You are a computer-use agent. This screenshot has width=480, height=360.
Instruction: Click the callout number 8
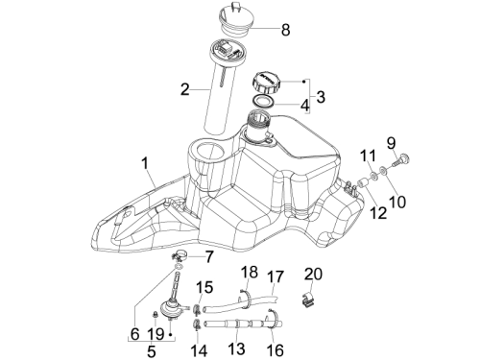click(285, 30)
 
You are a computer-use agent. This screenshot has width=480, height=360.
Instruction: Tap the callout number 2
click(185, 89)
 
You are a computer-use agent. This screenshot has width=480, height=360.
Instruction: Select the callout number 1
click(145, 163)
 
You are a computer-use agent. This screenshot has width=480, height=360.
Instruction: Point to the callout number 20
click(313, 275)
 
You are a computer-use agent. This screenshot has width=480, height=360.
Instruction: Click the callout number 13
click(237, 348)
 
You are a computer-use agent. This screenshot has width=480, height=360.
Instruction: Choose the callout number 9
click(391, 143)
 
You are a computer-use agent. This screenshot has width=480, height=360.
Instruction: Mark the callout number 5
click(151, 351)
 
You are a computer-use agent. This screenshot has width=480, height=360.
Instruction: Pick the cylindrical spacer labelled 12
click(363, 183)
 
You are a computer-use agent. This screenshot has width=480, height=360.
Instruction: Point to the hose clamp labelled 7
click(179, 255)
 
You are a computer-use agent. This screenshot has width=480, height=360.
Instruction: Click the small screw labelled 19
click(155, 315)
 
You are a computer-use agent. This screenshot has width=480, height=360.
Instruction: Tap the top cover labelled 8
click(235, 19)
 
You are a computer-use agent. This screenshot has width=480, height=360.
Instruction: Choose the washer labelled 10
click(383, 170)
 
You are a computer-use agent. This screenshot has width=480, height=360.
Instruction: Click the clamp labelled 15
click(197, 309)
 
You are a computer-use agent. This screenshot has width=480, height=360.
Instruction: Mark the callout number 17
click(276, 276)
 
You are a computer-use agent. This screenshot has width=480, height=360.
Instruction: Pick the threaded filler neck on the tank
click(258, 123)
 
